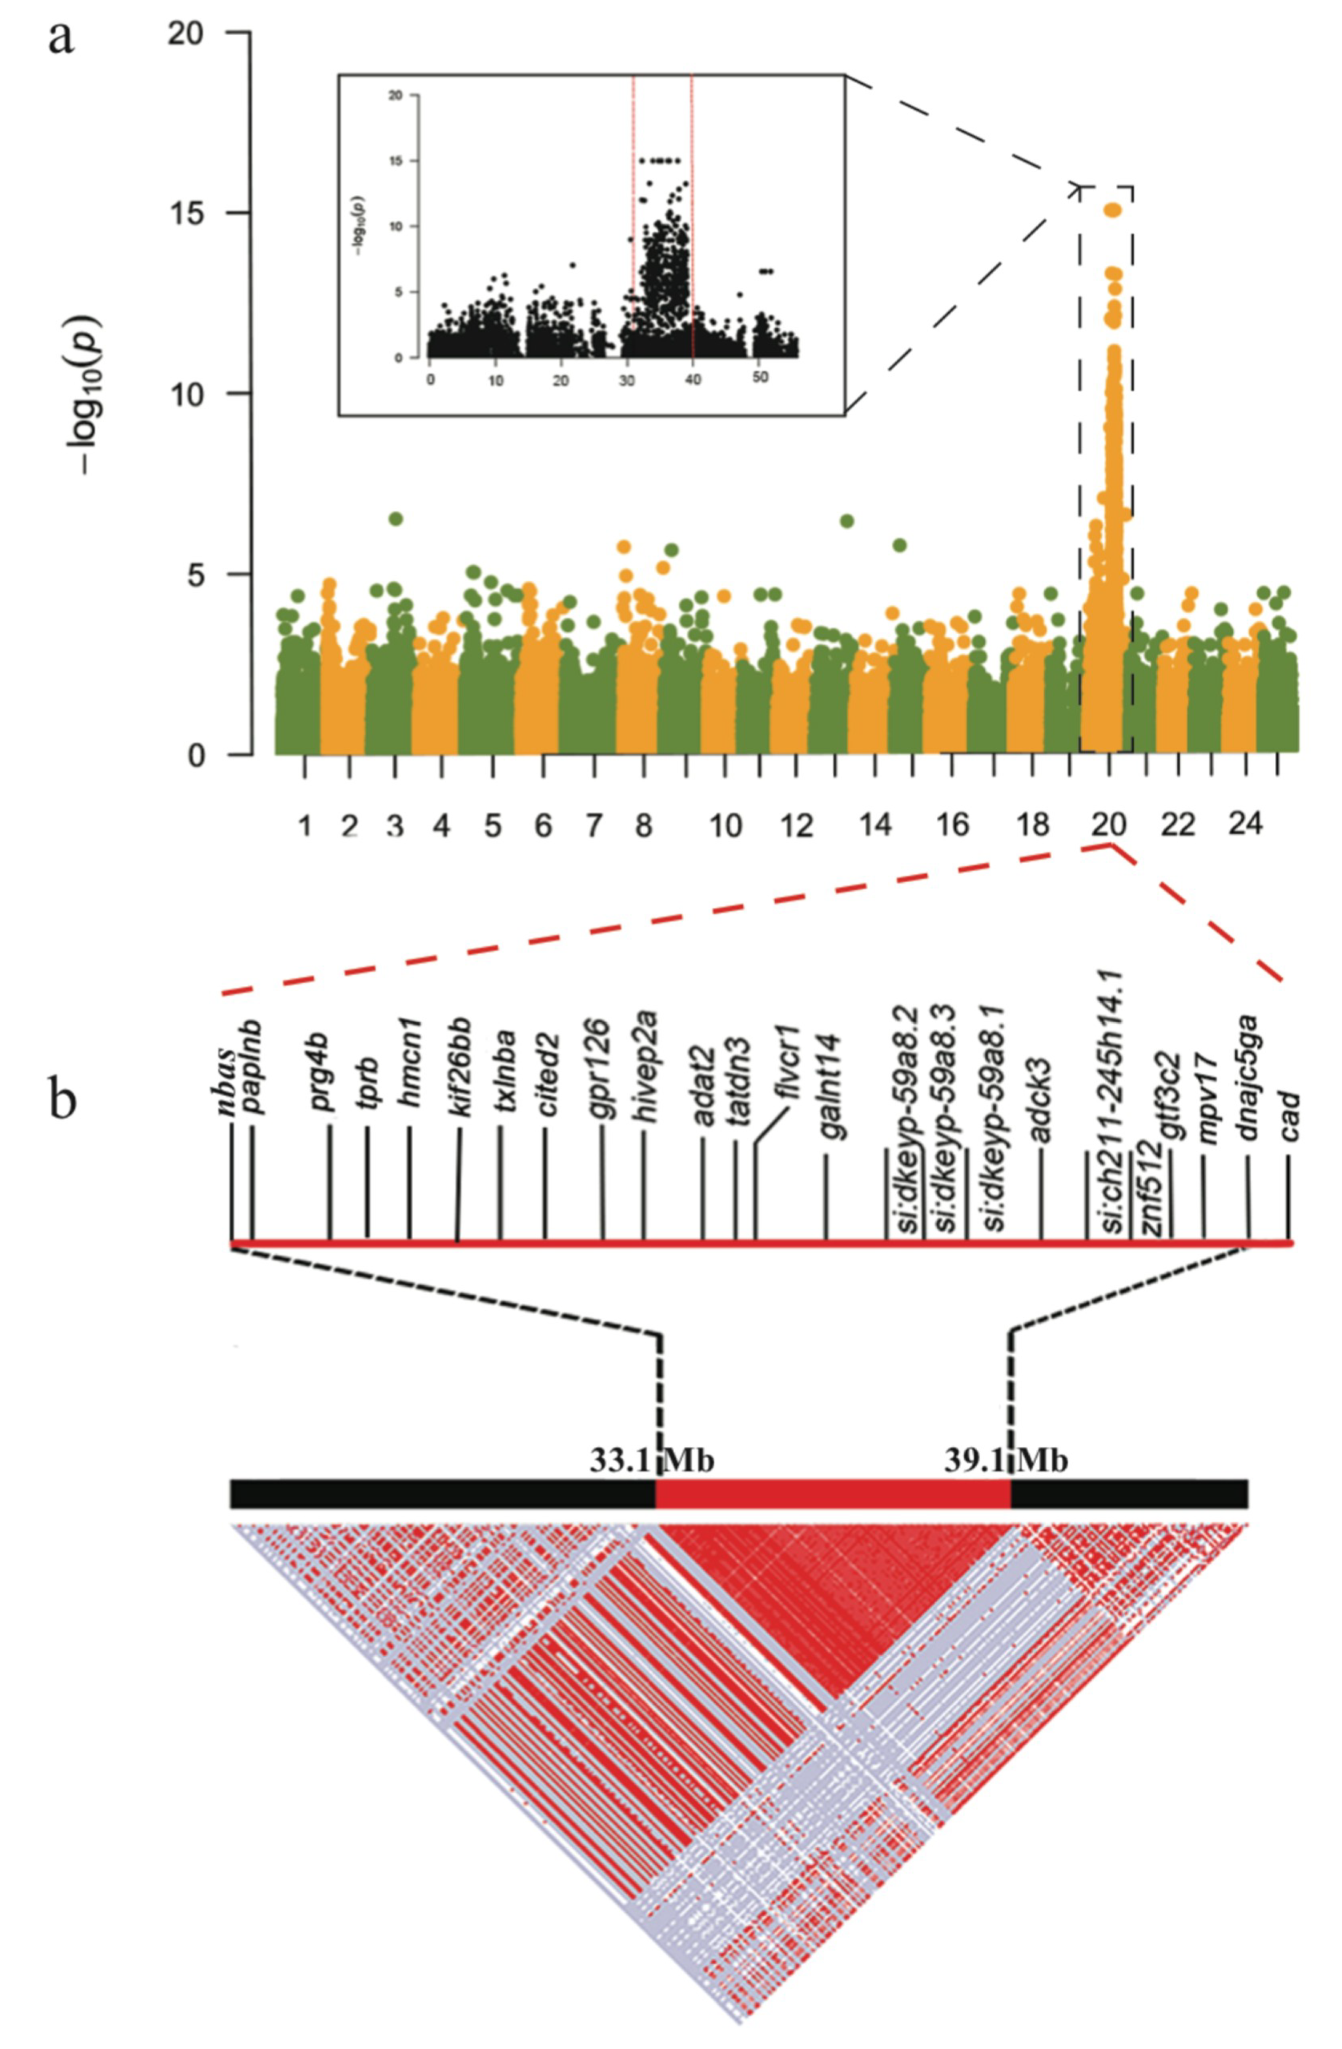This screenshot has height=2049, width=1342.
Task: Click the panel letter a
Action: point(60,39)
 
